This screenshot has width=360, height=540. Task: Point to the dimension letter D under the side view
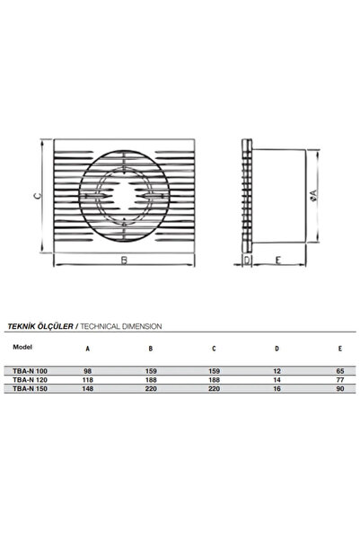click(x=248, y=261)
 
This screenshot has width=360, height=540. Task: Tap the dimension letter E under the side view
click(x=281, y=261)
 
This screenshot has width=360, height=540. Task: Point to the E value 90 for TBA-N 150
click(x=314, y=389)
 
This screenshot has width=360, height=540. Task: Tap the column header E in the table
click(x=314, y=349)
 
